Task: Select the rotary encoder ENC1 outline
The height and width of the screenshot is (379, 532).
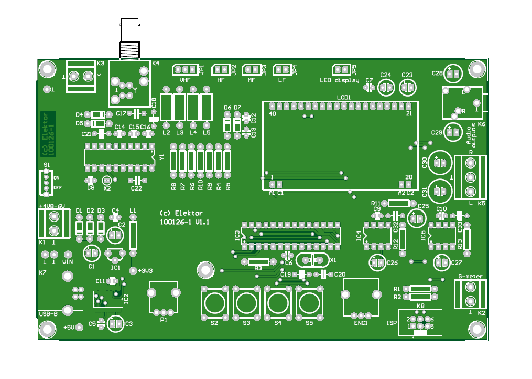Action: (360, 297)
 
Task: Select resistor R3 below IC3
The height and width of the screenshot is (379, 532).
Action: (258, 261)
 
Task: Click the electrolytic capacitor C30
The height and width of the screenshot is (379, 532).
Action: (441, 163)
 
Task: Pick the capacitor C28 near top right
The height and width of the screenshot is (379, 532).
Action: (454, 74)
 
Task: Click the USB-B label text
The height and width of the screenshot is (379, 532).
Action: (49, 313)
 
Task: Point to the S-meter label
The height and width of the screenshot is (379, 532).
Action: (470, 276)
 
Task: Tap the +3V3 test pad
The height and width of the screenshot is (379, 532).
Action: (132, 270)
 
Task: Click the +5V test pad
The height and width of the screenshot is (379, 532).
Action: (79, 328)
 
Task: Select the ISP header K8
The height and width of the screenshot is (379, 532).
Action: (421, 323)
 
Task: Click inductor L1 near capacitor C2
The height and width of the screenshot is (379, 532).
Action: (133, 235)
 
